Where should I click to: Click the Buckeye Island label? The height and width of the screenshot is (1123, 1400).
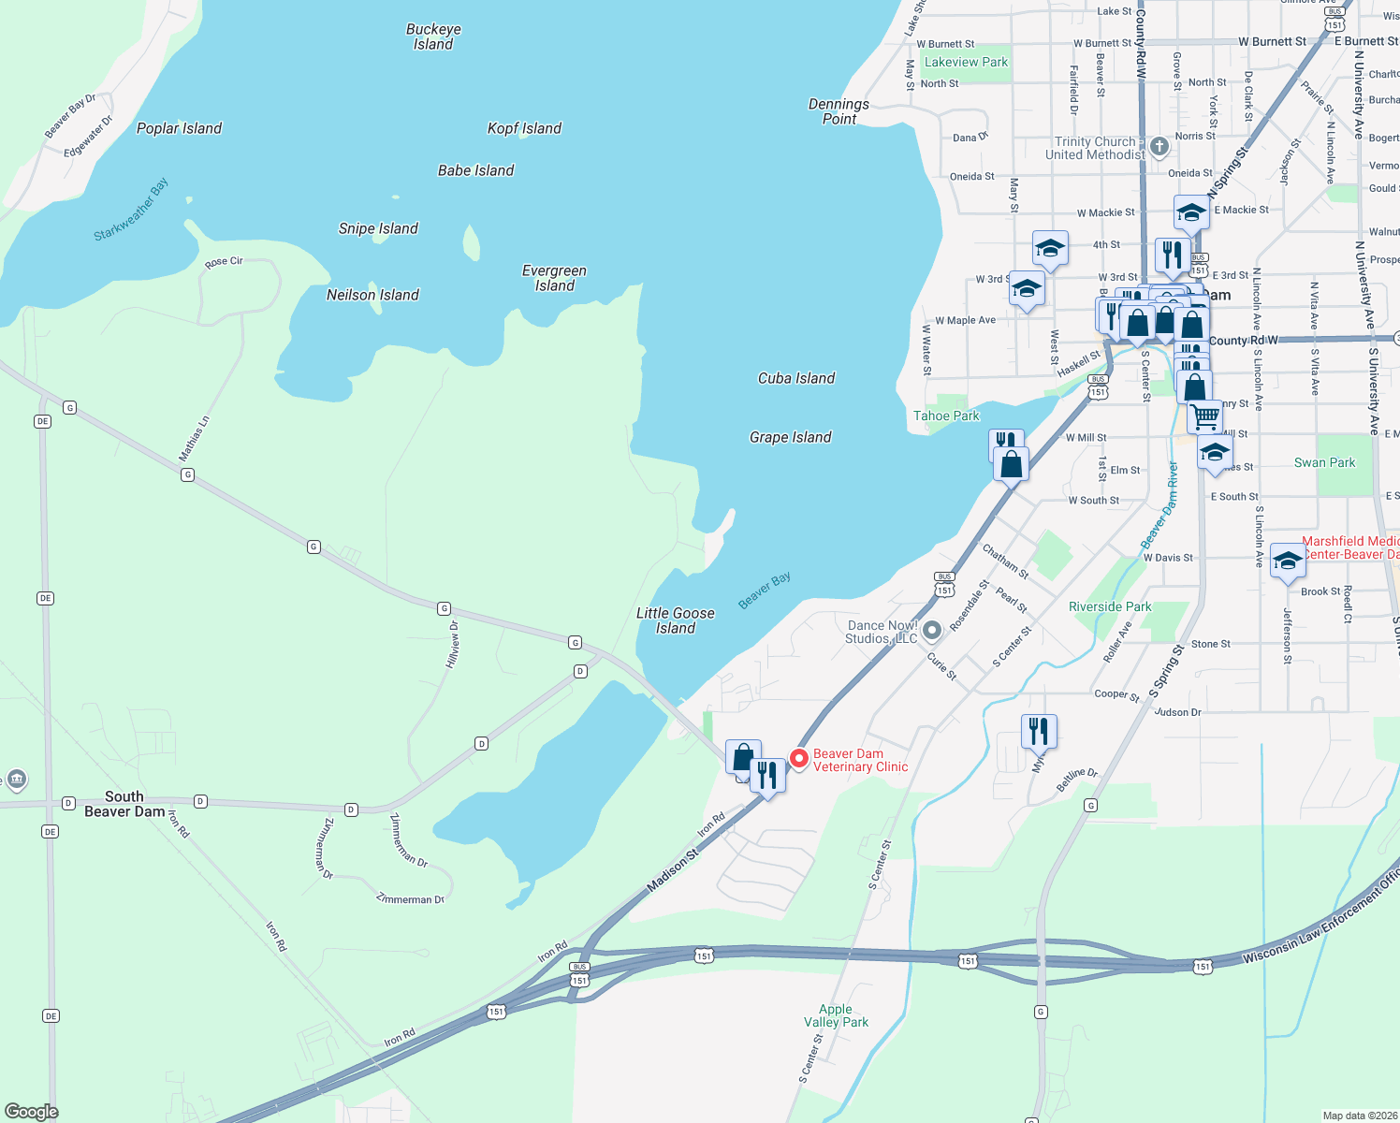(x=433, y=36)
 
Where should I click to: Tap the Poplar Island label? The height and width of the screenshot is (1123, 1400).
(x=179, y=128)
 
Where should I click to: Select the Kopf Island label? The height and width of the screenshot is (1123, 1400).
(x=524, y=128)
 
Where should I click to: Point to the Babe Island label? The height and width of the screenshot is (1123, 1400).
(x=475, y=170)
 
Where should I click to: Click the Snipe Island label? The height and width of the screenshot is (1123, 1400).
(x=378, y=228)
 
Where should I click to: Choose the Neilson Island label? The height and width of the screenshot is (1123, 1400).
(x=372, y=295)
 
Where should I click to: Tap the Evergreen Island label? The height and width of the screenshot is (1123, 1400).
(x=554, y=278)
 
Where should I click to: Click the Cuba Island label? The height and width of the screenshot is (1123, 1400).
(x=795, y=378)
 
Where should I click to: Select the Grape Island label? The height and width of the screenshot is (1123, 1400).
(x=790, y=437)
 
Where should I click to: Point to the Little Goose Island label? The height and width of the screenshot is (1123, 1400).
(x=675, y=620)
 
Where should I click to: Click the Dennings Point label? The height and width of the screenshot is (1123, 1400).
(x=839, y=111)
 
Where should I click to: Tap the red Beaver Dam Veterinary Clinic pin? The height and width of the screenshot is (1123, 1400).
(x=799, y=759)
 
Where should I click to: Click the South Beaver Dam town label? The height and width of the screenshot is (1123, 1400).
(x=124, y=804)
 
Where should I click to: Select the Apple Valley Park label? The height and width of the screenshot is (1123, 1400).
(x=836, y=1015)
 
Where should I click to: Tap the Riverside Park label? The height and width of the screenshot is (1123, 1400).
(x=1110, y=606)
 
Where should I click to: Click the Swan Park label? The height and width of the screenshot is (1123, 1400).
(x=1324, y=462)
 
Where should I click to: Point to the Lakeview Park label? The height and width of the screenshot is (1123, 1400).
(x=966, y=62)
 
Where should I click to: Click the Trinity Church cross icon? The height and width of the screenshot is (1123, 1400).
(x=1159, y=146)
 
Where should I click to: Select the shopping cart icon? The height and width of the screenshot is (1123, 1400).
(x=1205, y=415)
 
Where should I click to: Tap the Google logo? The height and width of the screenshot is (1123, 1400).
(x=31, y=1111)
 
